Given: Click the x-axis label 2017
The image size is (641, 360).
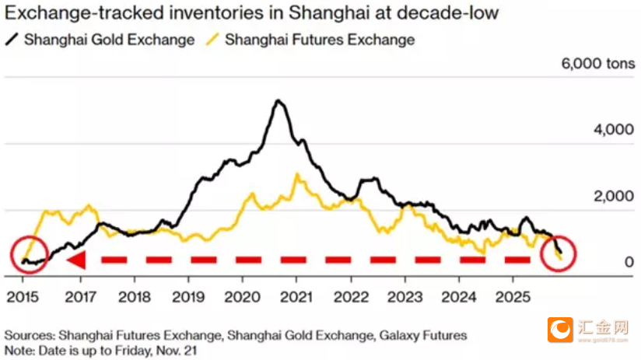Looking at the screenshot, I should tap(80, 297).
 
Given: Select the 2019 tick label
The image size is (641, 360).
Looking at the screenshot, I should tap(187, 297).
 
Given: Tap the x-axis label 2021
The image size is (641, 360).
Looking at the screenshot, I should tap(296, 297).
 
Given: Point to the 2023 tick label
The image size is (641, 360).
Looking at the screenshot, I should tap(403, 297).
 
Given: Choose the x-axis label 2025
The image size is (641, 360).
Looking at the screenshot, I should tap(511, 297).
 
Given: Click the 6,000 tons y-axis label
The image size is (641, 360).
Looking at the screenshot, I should tap(597, 64).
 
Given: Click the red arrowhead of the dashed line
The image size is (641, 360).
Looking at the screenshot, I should tap(75, 260).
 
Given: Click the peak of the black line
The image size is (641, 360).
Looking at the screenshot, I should tap(278, 100).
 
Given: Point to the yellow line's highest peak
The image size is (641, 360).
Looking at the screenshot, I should tap(296, 174).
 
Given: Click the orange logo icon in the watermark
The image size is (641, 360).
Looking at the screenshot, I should tap(556, 329).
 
